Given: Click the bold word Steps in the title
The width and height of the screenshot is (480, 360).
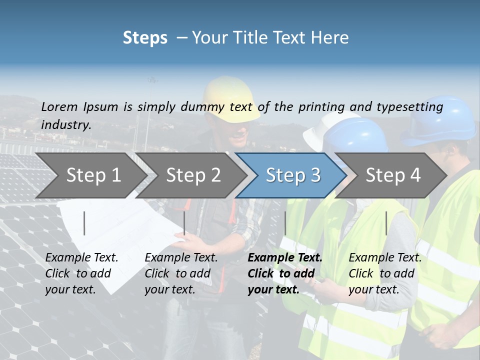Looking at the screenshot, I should coord(145,38).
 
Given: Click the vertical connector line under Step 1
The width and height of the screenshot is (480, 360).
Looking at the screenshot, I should coord(84,223).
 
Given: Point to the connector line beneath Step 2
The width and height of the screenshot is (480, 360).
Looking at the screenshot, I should coord(184,223).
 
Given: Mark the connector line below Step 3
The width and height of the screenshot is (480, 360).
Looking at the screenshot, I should coord(285,223).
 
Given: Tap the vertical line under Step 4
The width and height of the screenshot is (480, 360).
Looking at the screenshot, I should coord(386,223).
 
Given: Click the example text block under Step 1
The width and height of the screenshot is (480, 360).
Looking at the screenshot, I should coord(81,273).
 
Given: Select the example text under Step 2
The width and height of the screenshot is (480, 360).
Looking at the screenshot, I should coord(181,273).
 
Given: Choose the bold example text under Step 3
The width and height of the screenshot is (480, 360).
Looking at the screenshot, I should coord(285,273).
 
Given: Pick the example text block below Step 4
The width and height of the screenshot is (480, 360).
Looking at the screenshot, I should coord(385,273).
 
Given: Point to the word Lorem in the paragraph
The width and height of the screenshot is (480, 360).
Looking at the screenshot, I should coord(59,106).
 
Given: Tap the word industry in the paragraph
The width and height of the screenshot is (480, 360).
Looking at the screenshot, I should coord(65,125).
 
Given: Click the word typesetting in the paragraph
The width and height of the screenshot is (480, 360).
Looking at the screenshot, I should coord(409,107).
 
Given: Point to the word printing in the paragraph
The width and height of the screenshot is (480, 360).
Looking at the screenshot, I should coord(314,107).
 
